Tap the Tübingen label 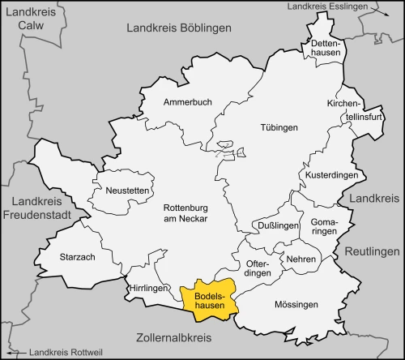click(279, 127)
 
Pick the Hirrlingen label click(147, 288)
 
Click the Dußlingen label click(271, 225)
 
